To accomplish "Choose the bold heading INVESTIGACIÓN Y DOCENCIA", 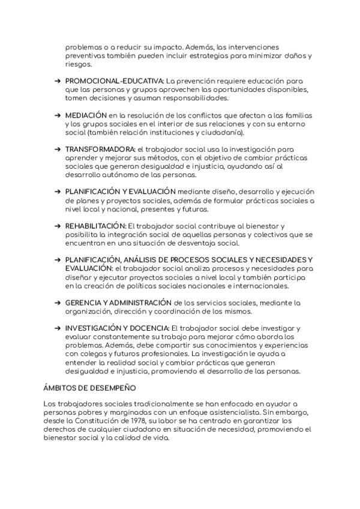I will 118,329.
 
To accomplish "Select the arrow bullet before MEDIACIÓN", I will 56,114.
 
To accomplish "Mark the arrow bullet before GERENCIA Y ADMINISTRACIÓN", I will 56,303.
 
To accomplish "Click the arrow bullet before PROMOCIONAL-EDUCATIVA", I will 56,80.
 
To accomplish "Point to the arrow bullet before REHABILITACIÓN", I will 56,226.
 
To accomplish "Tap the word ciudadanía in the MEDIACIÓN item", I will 221,131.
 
